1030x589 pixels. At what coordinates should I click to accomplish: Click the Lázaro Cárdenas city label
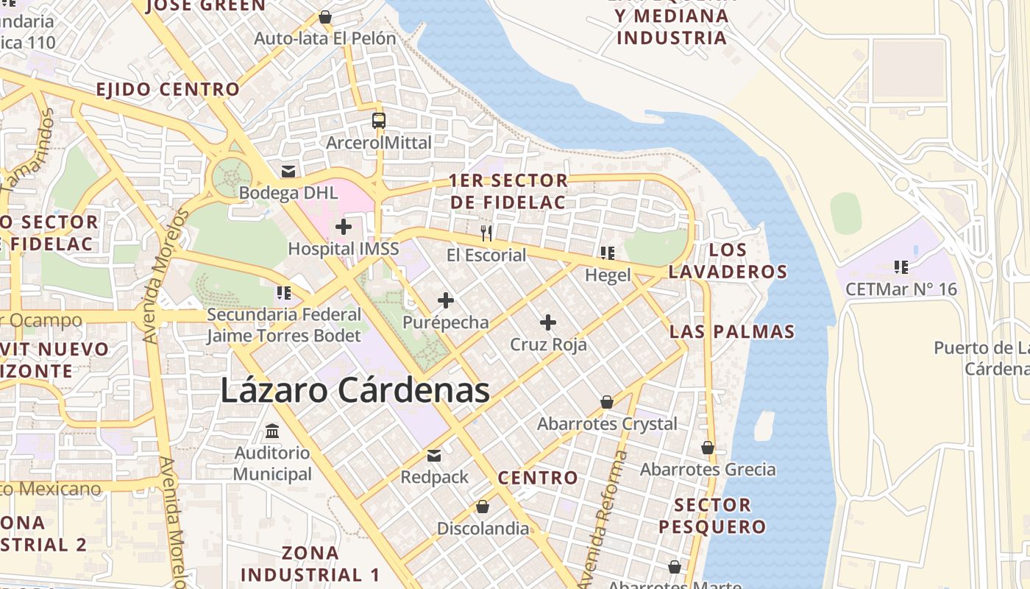(x=355, y=390)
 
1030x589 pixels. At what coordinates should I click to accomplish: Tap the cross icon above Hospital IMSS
(x=344, y=227)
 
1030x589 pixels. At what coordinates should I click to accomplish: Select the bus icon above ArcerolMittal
(x=378, y=121)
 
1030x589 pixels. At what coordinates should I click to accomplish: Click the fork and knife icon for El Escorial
(x=486, y=233)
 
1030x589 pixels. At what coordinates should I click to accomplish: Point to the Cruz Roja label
(x=548, y=344)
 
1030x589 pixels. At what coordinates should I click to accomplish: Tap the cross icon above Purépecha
(x=445, y=300)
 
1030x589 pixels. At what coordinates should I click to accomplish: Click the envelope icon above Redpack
(x=434, y=456)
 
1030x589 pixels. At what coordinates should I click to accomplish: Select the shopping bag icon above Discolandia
(x=483, y=507)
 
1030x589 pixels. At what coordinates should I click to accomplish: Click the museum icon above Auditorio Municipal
(x=272, y=431)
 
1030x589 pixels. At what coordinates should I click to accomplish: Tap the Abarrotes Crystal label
(x=607, y=424)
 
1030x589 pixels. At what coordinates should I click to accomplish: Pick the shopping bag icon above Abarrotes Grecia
(x=708, y=448)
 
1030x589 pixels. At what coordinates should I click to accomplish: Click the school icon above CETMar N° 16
(x=901, y=267)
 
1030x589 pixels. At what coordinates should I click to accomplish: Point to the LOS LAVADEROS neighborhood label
(x=728, y=261)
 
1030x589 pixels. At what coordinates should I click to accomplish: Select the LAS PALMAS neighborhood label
(x=732, y=331)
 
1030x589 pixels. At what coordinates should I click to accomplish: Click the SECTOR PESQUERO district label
(x=712, y=515)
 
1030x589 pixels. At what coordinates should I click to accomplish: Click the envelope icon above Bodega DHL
(x=288, y=172)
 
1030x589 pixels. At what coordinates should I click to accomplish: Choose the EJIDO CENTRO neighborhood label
(x=168, y=90)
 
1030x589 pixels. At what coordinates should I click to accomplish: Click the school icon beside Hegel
(x=607, y=253)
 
